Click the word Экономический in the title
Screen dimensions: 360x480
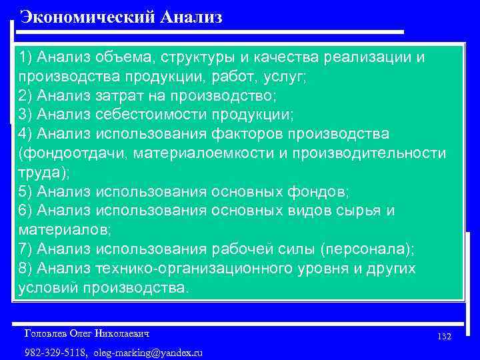click(88, 17)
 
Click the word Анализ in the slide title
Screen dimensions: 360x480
click(191, 17)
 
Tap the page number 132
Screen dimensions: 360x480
click(445, 337)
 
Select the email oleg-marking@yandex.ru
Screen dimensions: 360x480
click(148, 352)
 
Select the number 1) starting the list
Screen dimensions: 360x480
click(26, 58)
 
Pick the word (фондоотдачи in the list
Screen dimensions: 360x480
click(74, 153)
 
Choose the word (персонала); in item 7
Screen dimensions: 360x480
click(367, 249)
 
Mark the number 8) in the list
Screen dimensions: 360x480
click(26, 269)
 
